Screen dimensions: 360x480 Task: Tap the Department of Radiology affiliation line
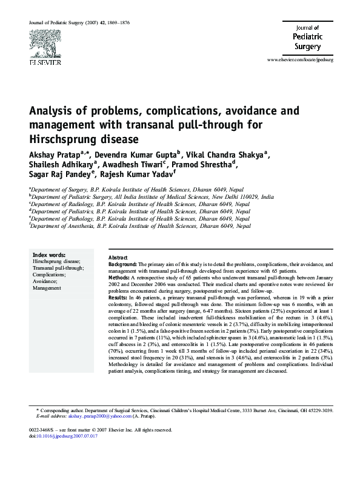point(139,204)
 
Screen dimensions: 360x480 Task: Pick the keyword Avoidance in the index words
point(45,281)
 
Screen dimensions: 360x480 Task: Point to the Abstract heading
point(118,258)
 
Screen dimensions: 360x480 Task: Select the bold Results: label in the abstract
point(118,298)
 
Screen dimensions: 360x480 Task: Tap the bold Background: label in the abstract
point(122,265)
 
